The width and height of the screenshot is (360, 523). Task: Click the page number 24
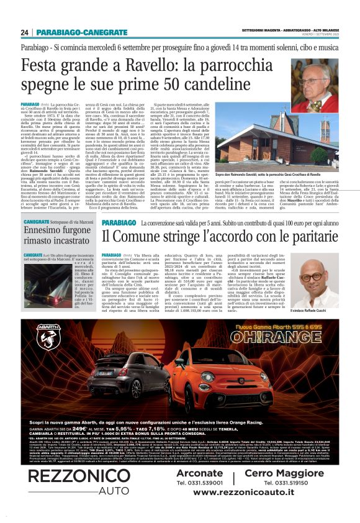25,32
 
